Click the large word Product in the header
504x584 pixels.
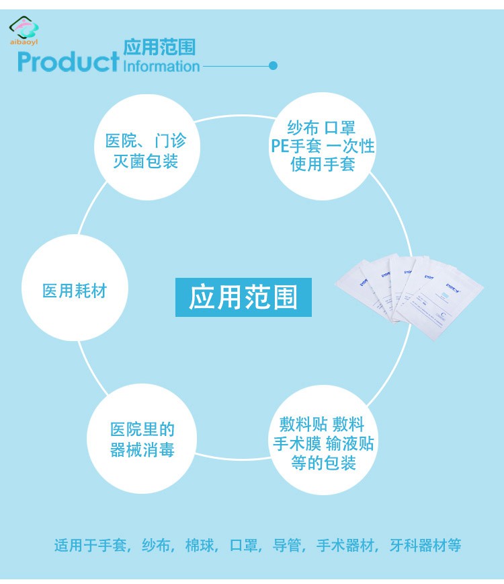coord(68,62)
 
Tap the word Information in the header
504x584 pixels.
coord(162,66)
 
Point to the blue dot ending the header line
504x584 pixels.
coord(273,65)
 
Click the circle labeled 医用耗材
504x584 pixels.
coord(75,291)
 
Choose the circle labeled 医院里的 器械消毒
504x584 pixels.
coord(142,439)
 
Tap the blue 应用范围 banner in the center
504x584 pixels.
coord(243,297)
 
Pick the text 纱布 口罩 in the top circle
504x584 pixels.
coord(321,128)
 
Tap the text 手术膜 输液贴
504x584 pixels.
coord(323,444)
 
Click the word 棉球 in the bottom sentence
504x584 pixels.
coord(200,546)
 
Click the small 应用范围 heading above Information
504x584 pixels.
coord(159,46)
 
